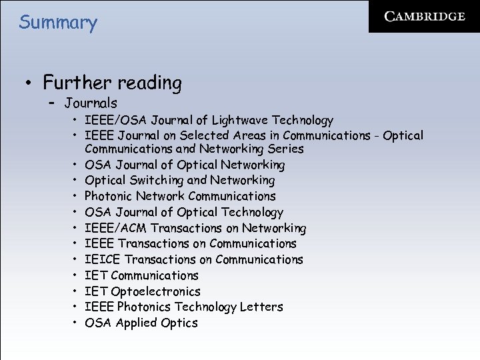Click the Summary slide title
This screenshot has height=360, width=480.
[58, 23]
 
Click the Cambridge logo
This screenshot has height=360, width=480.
[425, 17]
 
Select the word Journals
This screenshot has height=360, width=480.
[91, 103]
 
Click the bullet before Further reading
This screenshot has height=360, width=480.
[28, 84]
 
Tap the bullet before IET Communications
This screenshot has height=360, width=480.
[77, 275]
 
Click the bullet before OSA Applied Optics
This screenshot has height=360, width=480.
[77, 323]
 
